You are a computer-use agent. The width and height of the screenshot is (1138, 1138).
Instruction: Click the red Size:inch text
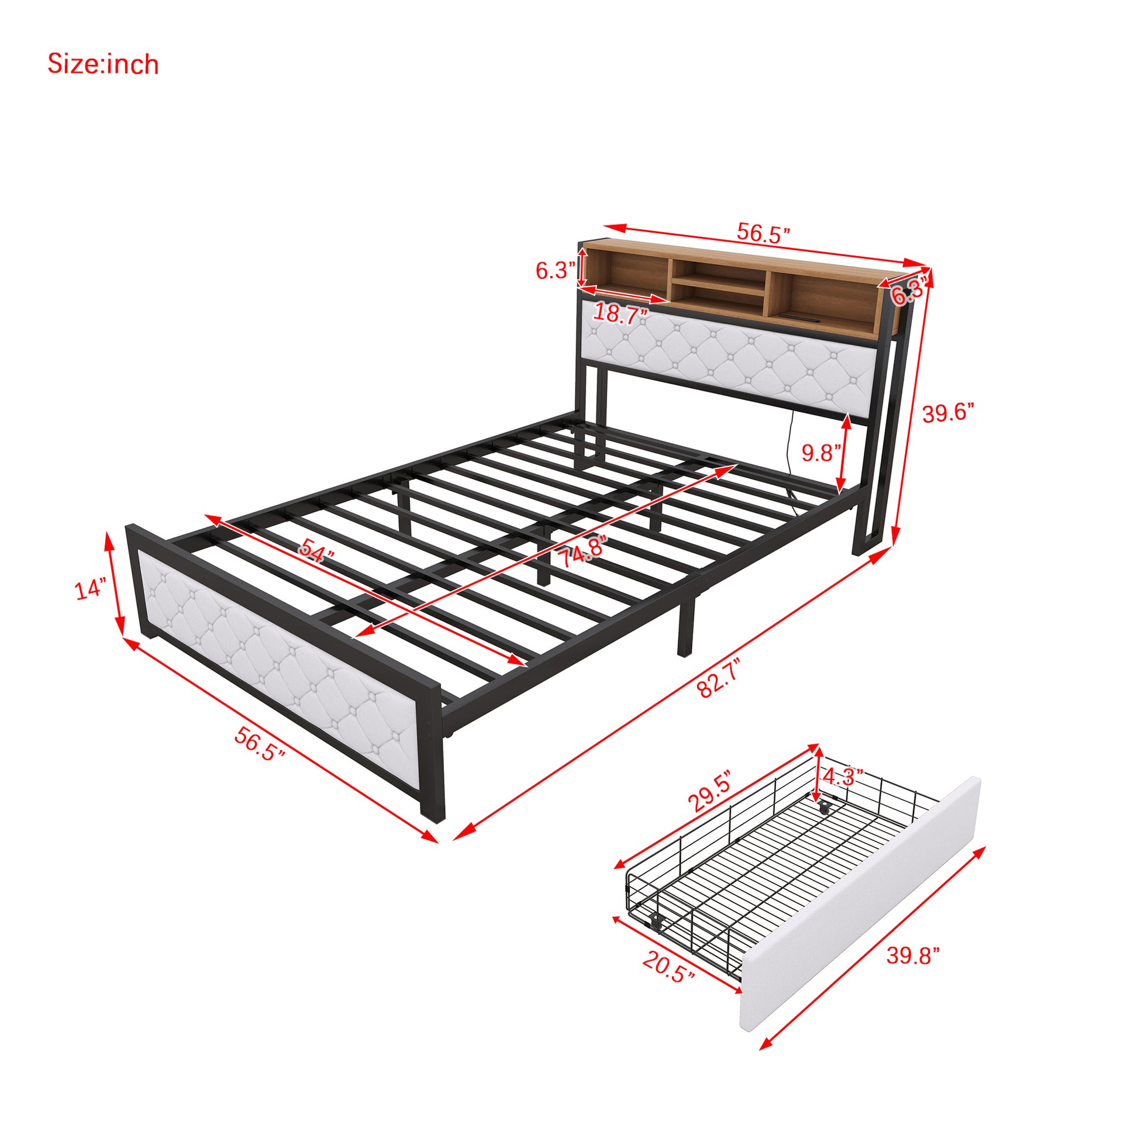tap(103, 64)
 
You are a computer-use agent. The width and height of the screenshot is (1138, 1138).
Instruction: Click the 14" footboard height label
tap(90, 588)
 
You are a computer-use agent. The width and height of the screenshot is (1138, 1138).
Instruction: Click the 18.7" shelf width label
tap(621, 313)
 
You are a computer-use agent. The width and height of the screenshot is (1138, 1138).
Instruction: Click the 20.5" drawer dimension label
tap(668, 967)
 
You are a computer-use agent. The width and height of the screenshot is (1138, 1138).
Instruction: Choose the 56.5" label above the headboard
tap(763, 233)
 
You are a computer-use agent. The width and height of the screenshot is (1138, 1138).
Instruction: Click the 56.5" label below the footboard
tap(260, 743)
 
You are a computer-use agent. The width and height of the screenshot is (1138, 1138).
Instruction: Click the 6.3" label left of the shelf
tap(555, 270)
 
